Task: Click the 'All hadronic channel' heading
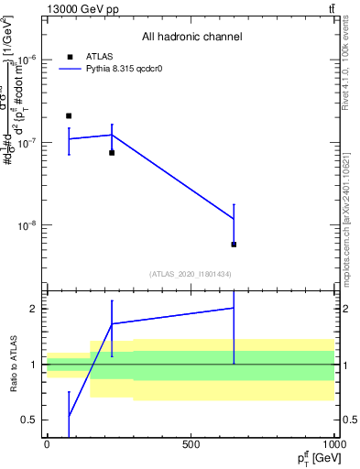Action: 191,37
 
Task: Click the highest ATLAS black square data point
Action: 69,116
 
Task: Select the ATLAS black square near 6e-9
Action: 234,245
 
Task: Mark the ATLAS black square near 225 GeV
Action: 112,153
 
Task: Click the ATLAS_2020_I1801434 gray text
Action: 191,274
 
